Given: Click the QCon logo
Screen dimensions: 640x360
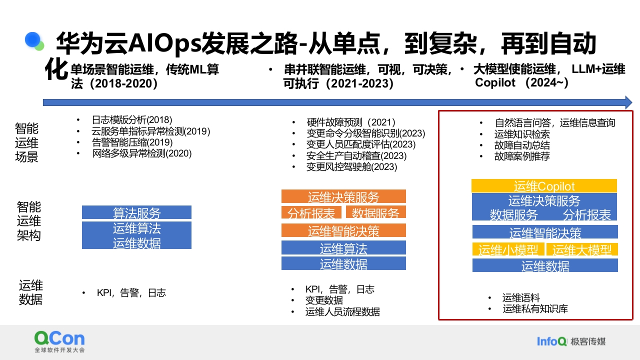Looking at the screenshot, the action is coord(59,341).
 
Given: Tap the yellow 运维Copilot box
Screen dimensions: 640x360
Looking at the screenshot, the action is coord(544,185).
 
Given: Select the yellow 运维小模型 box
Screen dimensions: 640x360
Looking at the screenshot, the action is coord(508,249).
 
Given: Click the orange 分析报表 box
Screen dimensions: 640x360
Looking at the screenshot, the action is coord(311,212).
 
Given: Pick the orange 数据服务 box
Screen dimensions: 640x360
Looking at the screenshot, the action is coord(375,212).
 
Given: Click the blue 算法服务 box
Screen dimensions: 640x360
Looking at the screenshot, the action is coord(136,212).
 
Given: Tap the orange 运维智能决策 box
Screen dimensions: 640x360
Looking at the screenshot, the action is coord(343,230).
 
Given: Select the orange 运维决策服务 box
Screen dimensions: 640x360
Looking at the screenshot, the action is coord(343,196).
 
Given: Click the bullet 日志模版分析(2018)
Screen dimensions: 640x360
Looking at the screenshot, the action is coord(132,119).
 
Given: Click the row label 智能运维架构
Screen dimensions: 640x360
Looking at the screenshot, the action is coord(28,221).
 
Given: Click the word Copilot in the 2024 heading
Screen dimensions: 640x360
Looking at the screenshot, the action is coord(495,83).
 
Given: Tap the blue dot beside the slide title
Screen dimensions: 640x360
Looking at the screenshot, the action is coord(32,39).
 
